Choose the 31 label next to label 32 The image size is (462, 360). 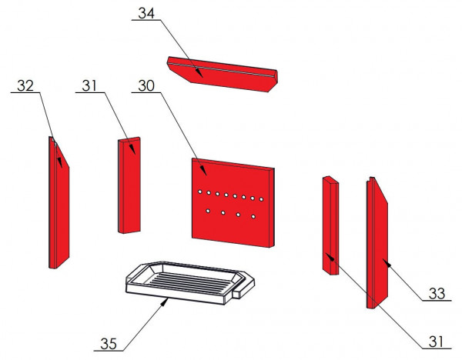tap(90, 85)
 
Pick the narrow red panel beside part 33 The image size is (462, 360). tap(332, 223)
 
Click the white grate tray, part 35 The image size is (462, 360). tap(181, 281)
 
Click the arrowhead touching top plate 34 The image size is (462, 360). tap(199, 74)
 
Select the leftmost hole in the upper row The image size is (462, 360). tap(199, 192)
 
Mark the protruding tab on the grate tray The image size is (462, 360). tap(242, 290)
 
